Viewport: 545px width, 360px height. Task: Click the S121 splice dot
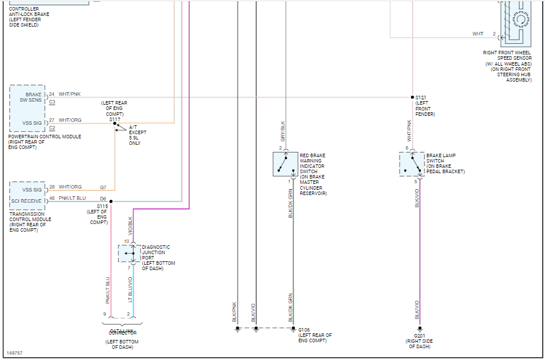click(412, 97)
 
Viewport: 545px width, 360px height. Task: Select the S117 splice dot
click(115, 124)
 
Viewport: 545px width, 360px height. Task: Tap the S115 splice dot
click(111, 202)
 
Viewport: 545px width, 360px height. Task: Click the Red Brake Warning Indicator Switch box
click(285, 164)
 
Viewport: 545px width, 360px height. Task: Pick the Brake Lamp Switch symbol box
click(411, 164)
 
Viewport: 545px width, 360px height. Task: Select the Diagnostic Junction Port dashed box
click(129, 253)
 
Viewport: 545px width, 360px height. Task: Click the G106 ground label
click(304, 330)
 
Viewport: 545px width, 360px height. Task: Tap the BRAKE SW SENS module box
click(27, 98)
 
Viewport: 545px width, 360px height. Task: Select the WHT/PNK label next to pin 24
click(69, 95)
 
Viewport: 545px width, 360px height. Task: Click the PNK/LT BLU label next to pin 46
click(72, 198)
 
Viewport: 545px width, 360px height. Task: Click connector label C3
click(52, 102)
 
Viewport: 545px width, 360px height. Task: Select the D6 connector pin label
click(103, 198)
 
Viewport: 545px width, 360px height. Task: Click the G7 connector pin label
click(103, 187)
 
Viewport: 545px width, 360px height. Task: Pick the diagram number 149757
click(15, 353)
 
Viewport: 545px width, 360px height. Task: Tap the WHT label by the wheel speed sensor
click(478, 34)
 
